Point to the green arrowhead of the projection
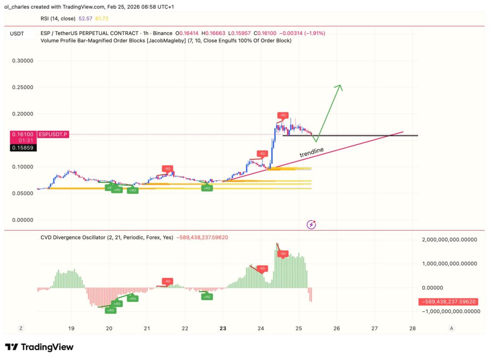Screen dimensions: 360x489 point(340,87)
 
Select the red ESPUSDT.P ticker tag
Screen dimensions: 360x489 point(53,135)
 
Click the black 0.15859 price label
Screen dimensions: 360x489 point(23,148)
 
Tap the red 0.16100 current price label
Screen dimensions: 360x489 point(23,135)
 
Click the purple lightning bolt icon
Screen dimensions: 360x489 point(311,224)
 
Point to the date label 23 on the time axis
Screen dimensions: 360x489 point(223,328)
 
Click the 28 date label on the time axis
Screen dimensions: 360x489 point(413,328)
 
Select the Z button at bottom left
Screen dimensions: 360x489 point(21,328)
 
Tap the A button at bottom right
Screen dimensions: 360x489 point(451,328)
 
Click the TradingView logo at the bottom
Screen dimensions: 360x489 point(39,347)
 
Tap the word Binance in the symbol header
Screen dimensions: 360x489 point(163,33)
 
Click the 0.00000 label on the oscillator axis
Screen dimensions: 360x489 point(432,287)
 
